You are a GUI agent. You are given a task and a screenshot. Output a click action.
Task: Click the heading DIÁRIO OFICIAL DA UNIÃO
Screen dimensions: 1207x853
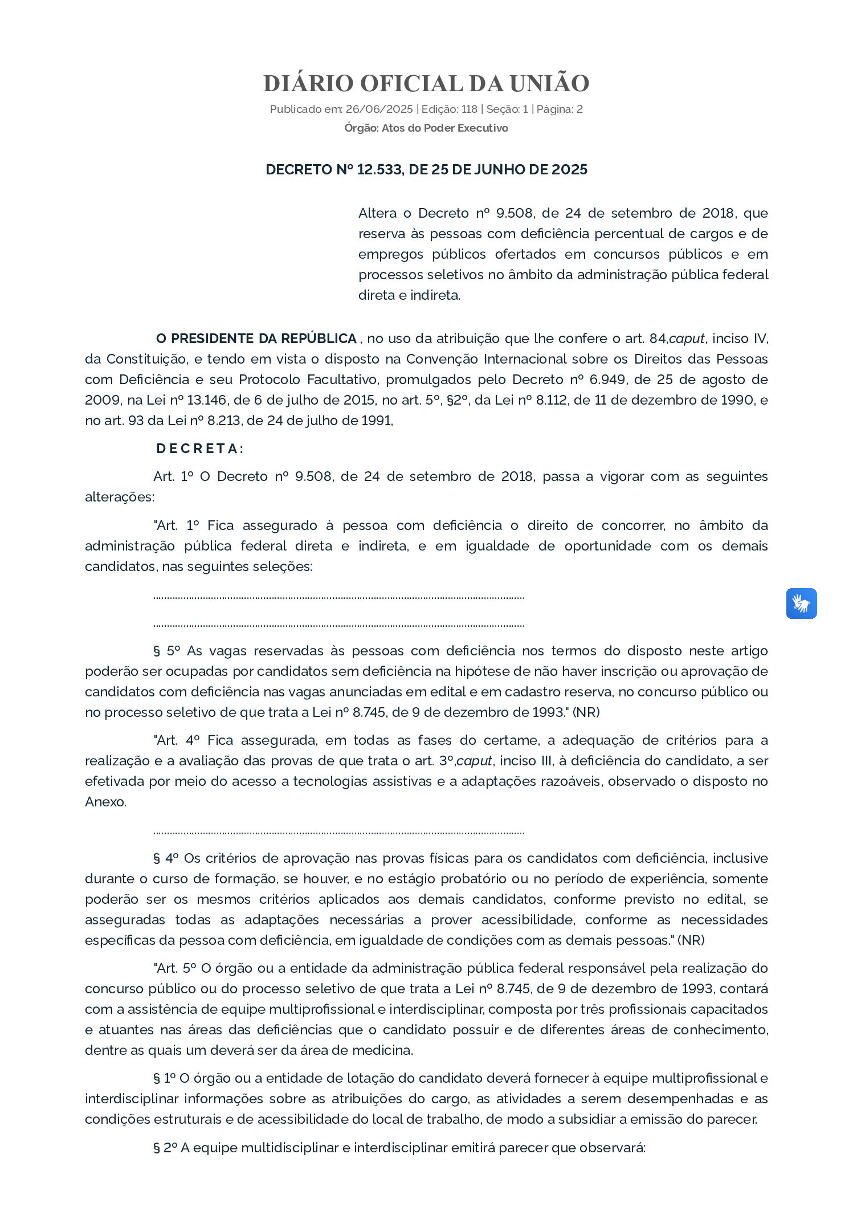coord(426,83)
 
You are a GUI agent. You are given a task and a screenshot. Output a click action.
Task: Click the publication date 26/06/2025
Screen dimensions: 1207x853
coord(371,109)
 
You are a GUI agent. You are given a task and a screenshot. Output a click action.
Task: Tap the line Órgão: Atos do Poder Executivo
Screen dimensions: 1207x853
coord(426,128)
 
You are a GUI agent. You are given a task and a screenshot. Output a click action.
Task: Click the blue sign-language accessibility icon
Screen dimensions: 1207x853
coord(801,603)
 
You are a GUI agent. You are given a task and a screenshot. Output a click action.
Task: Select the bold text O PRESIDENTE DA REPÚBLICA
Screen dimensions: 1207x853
coord(256,339)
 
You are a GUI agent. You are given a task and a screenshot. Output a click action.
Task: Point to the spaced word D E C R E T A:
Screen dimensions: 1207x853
coord(199,448)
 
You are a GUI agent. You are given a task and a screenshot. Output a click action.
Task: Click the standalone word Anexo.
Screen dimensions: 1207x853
coord(105,802)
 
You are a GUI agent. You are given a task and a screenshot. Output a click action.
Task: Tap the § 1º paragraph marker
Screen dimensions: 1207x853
coord(164,1078)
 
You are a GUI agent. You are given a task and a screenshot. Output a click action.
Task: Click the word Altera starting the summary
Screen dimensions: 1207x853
coord(377,213)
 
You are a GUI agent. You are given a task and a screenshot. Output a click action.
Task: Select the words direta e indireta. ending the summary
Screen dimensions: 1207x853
coord(409,295)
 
